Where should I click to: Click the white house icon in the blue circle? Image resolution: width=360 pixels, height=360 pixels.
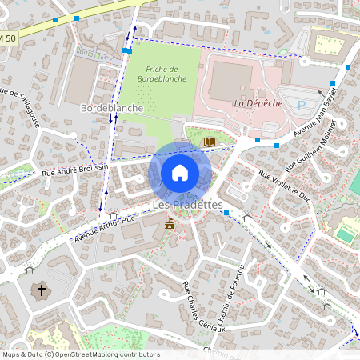[x=180, y=173]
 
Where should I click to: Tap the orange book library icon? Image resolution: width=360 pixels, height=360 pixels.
[x=210, y=142]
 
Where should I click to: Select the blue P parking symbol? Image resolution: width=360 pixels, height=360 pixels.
[x=302, y=105]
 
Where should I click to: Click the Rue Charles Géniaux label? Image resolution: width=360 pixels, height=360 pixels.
[x=197, y=302]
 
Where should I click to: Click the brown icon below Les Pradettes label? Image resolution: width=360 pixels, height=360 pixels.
[x=170, y=225]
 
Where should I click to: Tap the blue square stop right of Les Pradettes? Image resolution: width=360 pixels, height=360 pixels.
[x=226, y=213]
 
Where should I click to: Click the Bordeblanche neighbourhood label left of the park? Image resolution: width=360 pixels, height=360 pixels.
[x=112, y=107]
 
